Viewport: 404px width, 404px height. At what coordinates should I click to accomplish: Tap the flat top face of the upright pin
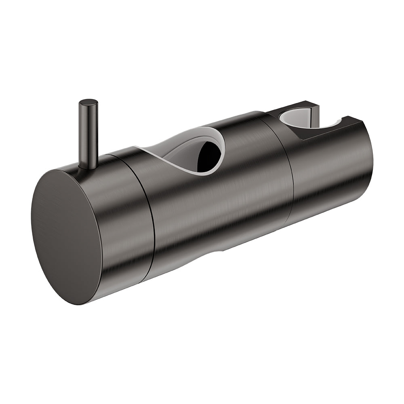click(x=88, y=103)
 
